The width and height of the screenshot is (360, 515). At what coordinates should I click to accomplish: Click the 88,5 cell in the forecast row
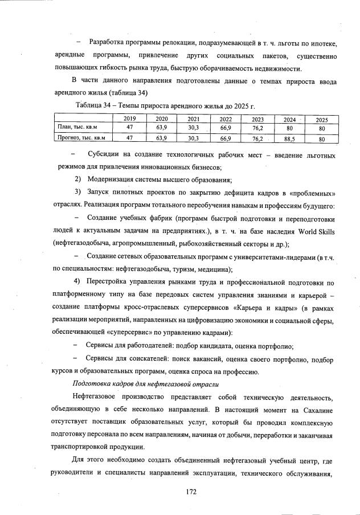[290, 138]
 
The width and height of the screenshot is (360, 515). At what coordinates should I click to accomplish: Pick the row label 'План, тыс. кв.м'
[75, 128]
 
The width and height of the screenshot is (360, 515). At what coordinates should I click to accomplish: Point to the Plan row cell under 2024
[290, 128]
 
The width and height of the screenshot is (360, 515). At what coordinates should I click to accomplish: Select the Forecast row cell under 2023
[257, 138]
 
